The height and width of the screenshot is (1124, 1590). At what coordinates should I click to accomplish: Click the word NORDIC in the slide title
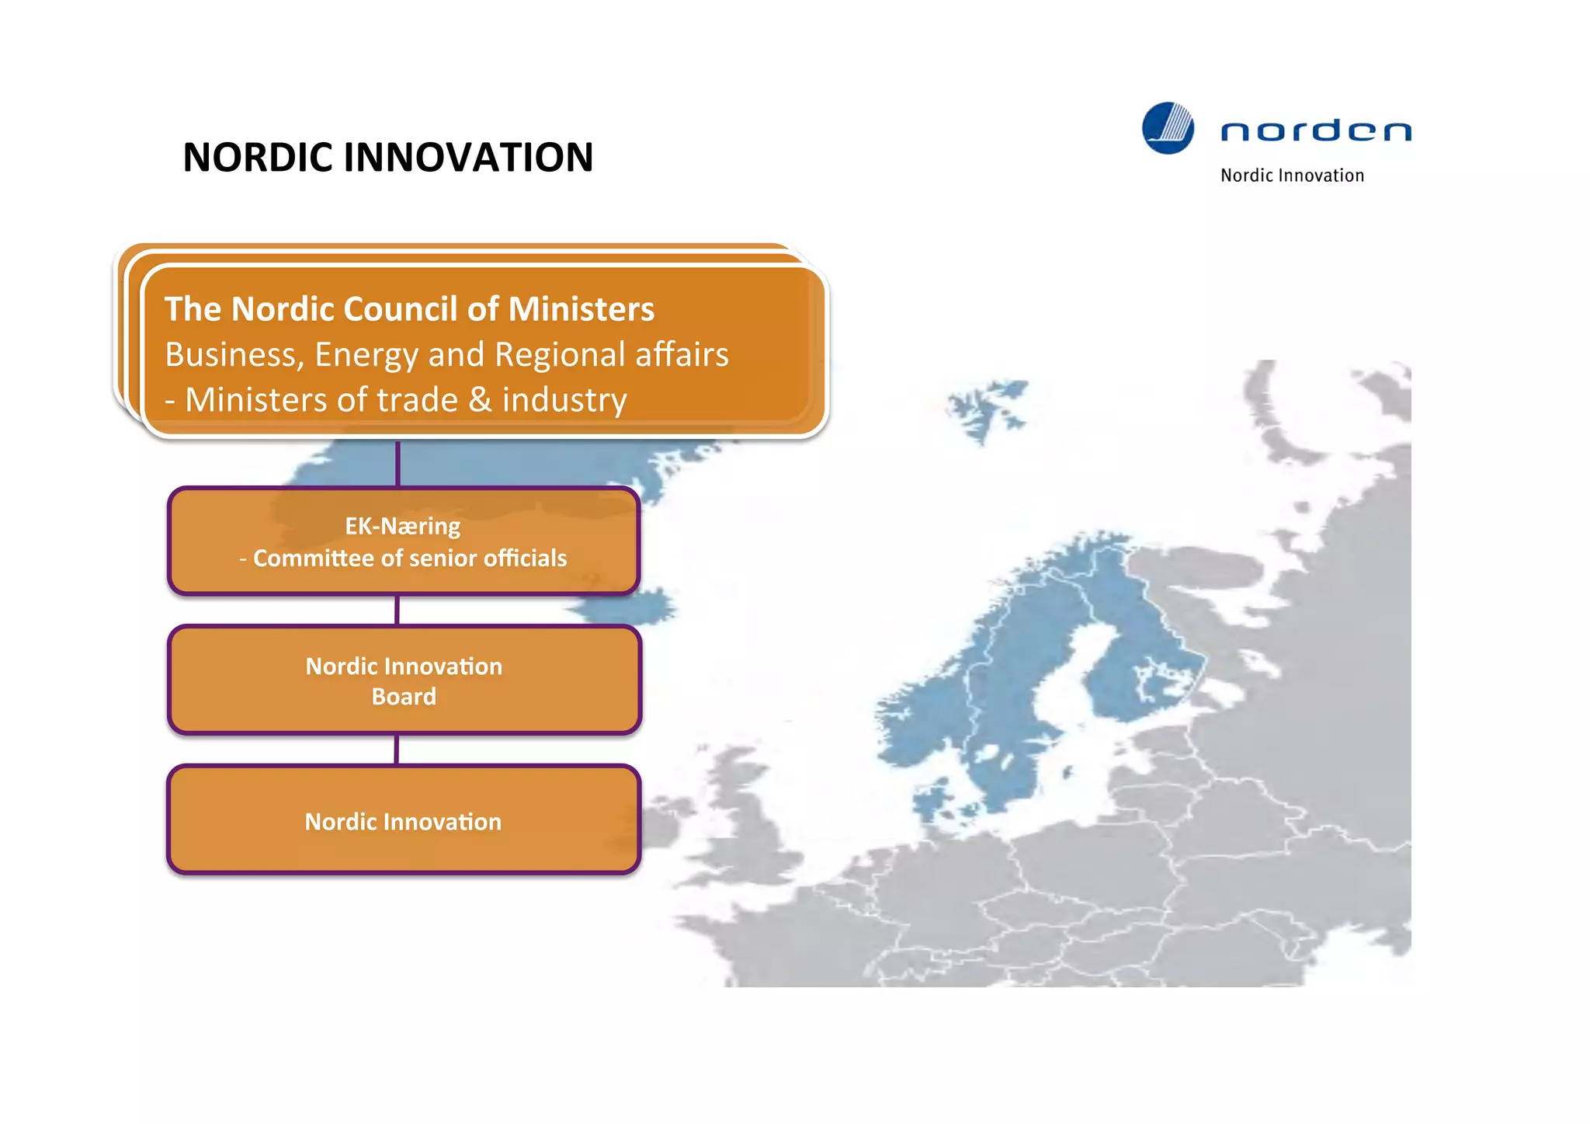258,158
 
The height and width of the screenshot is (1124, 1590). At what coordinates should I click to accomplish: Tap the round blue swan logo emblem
1168,128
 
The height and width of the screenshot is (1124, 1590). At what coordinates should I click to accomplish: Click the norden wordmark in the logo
1315,130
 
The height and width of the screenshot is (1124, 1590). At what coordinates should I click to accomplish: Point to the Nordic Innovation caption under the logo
1292,176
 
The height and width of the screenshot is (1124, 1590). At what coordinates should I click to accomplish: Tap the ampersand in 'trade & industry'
480,400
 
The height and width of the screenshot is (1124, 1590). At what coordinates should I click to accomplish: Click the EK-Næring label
403,526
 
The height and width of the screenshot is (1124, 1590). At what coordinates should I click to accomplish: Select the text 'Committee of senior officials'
409,559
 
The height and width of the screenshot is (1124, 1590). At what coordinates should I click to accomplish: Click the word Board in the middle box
404,697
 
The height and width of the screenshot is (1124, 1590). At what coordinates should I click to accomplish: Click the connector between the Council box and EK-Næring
397,464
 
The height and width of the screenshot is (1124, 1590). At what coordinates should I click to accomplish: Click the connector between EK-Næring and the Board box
397,610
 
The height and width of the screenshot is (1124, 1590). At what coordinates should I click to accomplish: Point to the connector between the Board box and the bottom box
397,750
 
